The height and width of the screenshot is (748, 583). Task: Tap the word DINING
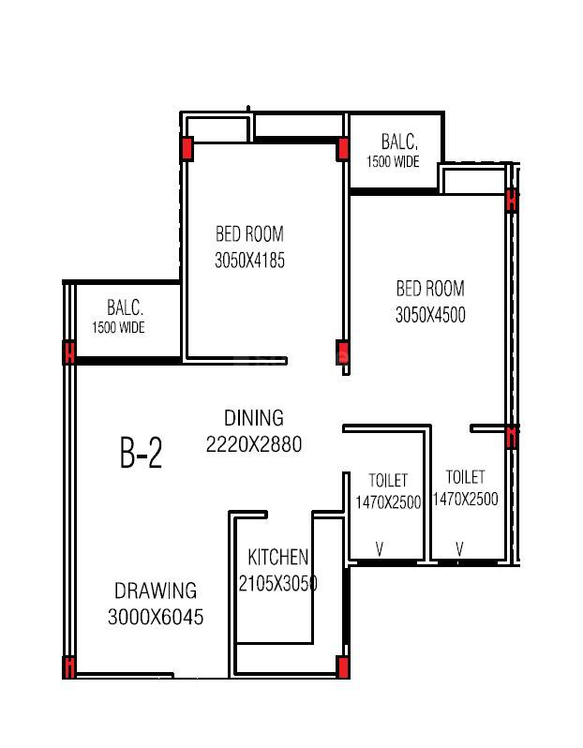(x=253, y=418)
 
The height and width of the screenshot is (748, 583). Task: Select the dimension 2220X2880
(x=254, y=445)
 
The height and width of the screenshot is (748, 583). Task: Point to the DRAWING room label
(x=156, y=591)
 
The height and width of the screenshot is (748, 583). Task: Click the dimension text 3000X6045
(x=156, y=617)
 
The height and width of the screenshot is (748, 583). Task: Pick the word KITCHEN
(x=278, y=558)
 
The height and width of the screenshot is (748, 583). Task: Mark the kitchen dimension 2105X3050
(x=278, y=583)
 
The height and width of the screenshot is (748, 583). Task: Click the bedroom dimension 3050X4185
(x=249, y=261)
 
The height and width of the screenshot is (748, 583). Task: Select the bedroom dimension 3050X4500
(x=430, y=315)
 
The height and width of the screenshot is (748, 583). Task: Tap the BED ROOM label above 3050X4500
(x=430, y=289)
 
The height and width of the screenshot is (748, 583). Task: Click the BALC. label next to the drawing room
(x=124, y=307)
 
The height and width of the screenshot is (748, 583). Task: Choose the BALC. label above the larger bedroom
(x=399, y=142)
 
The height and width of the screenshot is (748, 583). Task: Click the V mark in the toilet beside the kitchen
(x=380, y=549)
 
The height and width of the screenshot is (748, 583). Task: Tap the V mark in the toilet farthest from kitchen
(x=460, y=549)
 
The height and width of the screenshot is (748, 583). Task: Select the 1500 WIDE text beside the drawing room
(x=118, y=328)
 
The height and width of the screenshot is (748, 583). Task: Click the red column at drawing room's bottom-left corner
(x=68, y=667)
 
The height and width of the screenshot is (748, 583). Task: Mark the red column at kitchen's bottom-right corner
(x=343, y=666)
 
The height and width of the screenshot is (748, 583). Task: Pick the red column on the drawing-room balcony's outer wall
(x=68, y=352)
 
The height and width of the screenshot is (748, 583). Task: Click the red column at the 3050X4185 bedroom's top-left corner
(x=187, y=149)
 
